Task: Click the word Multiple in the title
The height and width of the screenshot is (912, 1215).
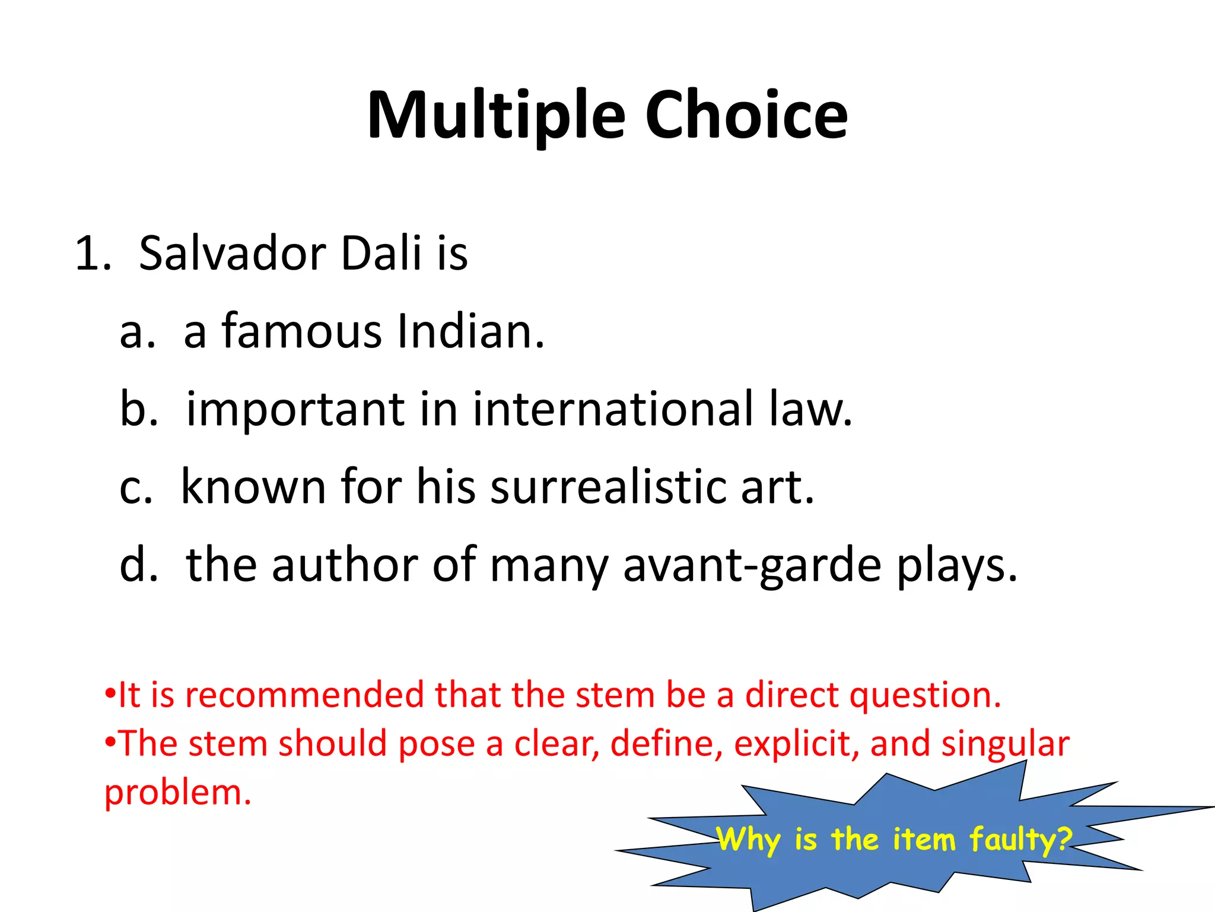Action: click(496, 116)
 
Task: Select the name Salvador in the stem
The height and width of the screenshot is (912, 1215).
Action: click(232, 254)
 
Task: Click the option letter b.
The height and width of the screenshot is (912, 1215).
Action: click(138, 409)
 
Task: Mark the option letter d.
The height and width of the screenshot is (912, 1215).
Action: click(138, 565)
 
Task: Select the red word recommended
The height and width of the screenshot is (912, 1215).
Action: click(305, 695)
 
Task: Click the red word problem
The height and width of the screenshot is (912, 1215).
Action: click(177, 793)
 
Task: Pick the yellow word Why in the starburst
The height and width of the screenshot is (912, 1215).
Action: click(749, 840)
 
